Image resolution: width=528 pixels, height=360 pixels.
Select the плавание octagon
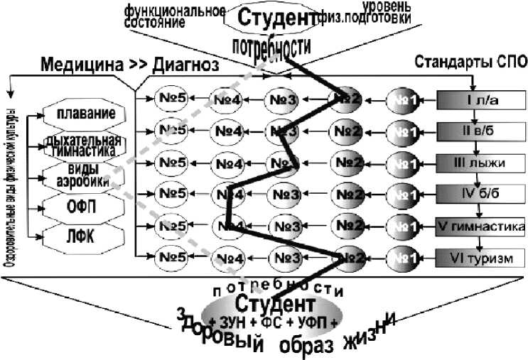[x=87, y=114]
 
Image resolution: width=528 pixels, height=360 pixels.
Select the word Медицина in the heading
[x=80, y=66]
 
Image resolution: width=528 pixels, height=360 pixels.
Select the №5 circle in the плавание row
[x=172, y=99]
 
